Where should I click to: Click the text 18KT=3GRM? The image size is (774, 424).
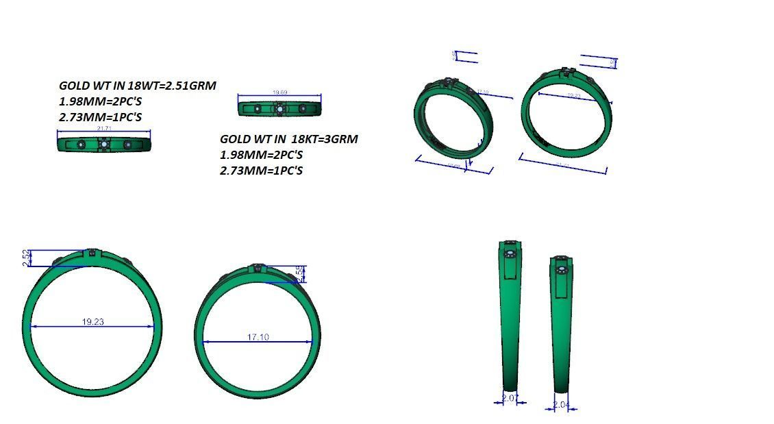(x=323, y=139)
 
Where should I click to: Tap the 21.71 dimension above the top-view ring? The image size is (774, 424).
(x=105, y=128)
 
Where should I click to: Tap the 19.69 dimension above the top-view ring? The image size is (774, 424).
(x=279, y=92)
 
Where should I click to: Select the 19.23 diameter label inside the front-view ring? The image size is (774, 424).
(x=92, y=321)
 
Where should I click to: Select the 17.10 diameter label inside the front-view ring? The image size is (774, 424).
(x=258, y=337)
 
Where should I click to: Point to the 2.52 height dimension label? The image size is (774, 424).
(x=26, y=258)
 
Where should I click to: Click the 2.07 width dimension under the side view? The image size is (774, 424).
(x=509, y=397)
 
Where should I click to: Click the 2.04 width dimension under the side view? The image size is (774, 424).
(x=561, y=405)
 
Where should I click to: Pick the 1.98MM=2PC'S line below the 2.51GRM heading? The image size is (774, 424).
(x=100, y=101)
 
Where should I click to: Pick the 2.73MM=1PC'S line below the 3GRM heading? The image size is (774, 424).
(x=261, y=171)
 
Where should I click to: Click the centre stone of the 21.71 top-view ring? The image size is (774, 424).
(x=103, y=144)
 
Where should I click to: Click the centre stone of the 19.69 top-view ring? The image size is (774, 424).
(x=279, y=108)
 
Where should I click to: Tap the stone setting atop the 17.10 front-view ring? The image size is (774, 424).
(x=258, y=267)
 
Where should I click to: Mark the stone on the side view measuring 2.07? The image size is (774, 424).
(x=510, y=254)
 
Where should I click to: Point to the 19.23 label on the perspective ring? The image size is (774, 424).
(x=573, y=96)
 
